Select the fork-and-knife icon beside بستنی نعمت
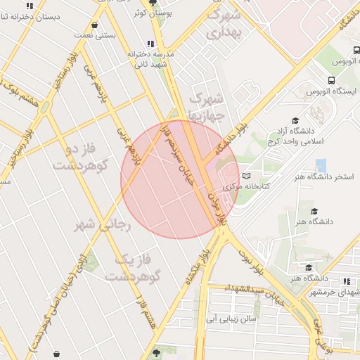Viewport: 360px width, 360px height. click(94, 25)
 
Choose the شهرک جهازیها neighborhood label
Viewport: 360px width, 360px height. click(210, 105)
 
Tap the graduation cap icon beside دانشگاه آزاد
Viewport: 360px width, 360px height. click(295, 121)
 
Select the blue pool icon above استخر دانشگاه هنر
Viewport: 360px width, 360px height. click(321, 165)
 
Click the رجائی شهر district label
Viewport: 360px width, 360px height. click(94, 224)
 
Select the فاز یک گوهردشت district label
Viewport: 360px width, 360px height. click(134, 267)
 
